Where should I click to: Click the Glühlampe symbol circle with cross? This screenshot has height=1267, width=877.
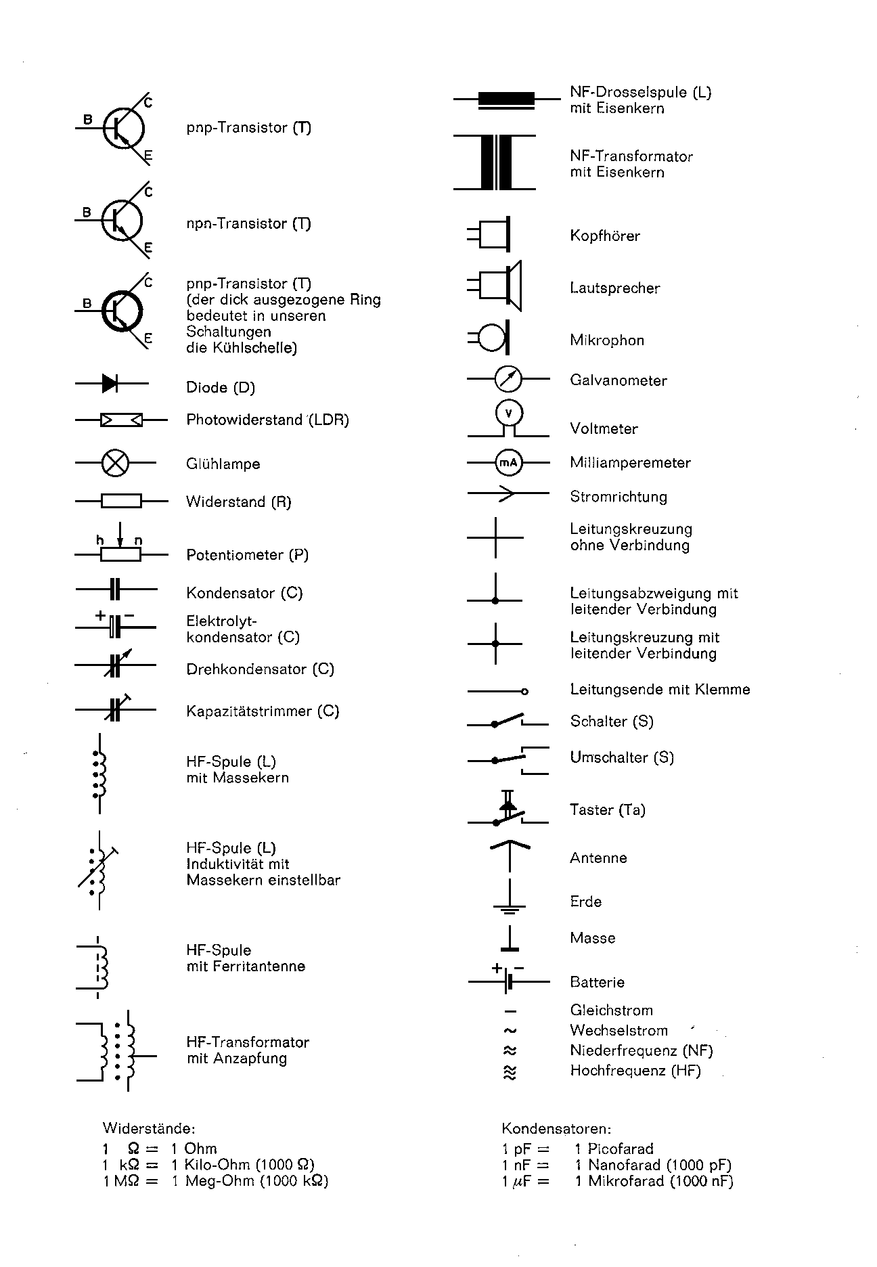pos(115,463)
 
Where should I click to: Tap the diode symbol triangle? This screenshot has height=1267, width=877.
pos(110,383)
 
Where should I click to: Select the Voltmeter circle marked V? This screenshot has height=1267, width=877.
pos(509,413)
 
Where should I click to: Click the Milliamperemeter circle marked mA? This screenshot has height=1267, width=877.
pos(508,463)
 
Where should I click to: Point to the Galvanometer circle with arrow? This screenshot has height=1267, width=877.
pos(508,378)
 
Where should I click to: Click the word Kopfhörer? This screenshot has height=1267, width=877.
pos(604,236)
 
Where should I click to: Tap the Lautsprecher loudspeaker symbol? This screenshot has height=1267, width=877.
pos(501,286)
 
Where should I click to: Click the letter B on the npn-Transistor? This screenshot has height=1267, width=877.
pos(87,213)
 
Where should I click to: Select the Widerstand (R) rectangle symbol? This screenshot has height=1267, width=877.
pos(121,501)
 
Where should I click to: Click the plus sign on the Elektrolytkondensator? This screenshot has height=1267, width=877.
pos(100,616)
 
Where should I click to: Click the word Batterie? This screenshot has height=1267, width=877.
pos(597,982)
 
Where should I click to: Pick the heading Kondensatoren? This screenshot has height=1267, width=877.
pos(556,1128)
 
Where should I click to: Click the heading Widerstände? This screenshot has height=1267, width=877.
pos(149,1128)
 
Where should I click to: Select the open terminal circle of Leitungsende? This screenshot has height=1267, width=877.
pos(524,691)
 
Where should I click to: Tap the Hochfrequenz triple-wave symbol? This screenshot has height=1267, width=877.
pos(510,1072)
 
